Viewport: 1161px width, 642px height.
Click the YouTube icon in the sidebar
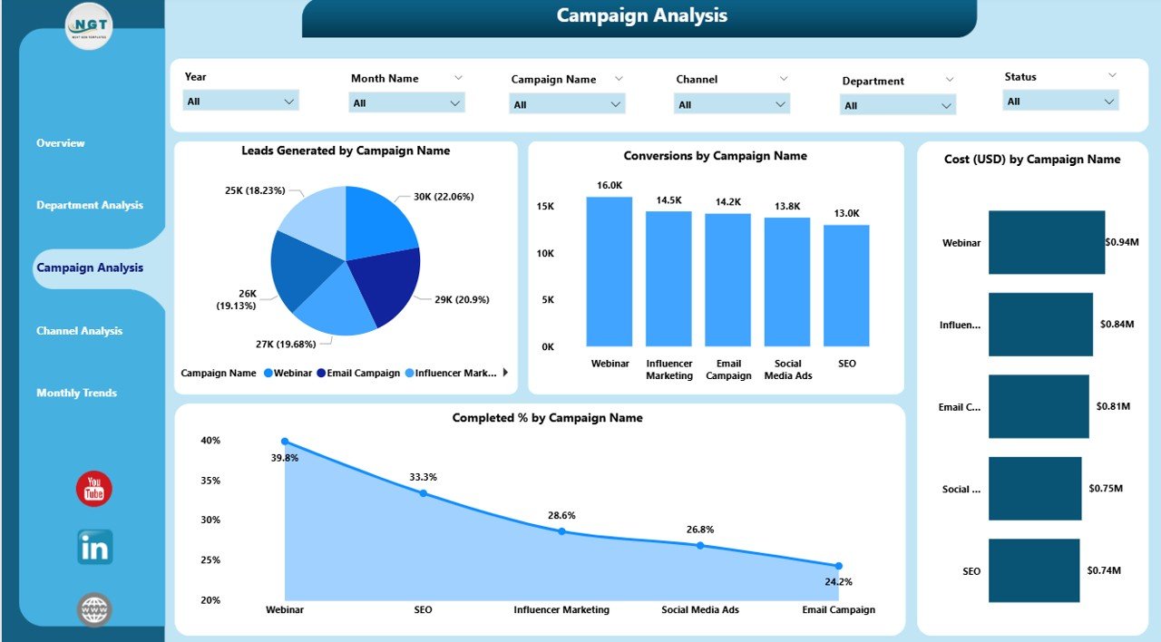tap(93, 489)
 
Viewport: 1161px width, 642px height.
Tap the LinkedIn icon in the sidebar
tap(94, 547)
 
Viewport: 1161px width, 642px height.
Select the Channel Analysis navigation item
tap(79, 331)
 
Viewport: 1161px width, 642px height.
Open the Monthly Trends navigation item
tap(76, 393)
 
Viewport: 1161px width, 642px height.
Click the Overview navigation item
tap(61, 143)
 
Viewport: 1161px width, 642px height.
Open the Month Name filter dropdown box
tap(406, 103)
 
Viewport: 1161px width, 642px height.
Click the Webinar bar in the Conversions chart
tap(610, 271)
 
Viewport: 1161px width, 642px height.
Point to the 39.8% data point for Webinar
tap(285, 442)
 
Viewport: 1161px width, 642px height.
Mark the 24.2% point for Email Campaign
tap(838, 566)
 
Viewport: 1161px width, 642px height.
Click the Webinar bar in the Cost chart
tap(1047, 242)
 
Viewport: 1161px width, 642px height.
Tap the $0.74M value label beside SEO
tap(1104, 570)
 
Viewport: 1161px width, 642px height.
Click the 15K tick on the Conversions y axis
tap(545, 207)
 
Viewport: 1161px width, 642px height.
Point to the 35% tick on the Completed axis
tap(210, 481)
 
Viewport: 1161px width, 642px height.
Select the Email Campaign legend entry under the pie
tap(358, 373)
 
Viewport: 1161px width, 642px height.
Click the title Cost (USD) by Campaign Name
tap(1032, 160)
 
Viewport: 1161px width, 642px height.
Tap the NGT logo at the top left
tap(89, 27)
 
